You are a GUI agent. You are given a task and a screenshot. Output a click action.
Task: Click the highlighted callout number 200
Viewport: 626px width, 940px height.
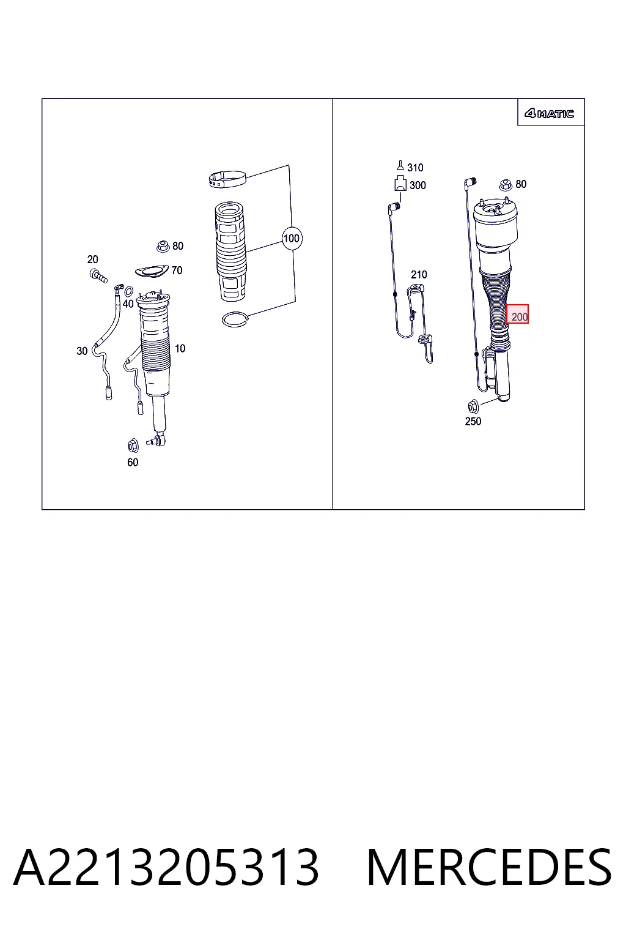[x=520, y=317]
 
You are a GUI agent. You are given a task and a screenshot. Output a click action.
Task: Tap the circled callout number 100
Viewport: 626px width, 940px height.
[x=292, y=239]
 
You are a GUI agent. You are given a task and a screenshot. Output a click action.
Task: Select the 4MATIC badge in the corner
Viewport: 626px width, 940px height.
[x=549, y=114]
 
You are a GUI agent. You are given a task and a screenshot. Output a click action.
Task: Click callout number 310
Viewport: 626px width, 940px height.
[x=415, y=168]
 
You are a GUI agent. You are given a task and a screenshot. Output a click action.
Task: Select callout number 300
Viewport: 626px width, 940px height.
[x=418, y=185]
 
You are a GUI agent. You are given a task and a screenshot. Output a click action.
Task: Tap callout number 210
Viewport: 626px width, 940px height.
[x=419, y=275]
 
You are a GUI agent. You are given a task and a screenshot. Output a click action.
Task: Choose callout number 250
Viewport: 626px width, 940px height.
[x=473, y=421]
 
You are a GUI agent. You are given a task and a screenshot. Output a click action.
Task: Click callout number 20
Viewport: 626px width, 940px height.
[x=93, y=259]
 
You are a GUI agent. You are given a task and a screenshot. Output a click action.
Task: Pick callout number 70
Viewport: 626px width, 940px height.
[x=177, y=270]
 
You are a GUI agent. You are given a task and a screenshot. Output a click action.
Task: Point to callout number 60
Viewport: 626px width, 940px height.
[x=133, y=463]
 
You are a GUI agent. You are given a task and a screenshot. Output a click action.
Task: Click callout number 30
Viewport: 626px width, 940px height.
[x=82, y=351]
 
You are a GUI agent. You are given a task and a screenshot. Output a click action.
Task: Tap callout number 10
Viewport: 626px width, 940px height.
[x=180, y=349]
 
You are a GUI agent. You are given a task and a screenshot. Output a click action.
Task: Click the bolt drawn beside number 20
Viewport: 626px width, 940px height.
[x=98, y=277]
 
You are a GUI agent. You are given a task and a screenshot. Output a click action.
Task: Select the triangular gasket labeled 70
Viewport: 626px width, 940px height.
[x=152, y=271]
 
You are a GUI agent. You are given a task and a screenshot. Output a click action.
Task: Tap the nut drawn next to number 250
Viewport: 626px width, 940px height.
[x=473, y=406]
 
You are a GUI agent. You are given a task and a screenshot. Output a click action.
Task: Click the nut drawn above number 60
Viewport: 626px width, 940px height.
[x=133, y=446]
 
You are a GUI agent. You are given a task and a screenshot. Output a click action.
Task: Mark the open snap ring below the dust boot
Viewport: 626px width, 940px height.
[x=235, y=320]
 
